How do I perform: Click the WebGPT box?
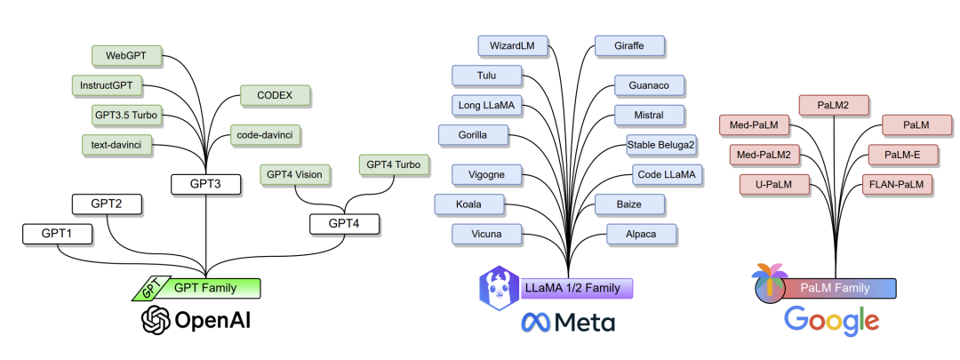pyautogui.click(x=127, y=56)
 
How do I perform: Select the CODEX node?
pyautogui.click(x=275, y=95)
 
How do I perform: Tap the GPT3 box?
pyautogui.click(x=205, y=184)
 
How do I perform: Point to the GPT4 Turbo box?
pyautogui.click(x=394, y=164)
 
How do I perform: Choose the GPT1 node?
pyautogui.click(x=58, y=234)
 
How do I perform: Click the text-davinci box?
pyautogui.click(x=117, y=145)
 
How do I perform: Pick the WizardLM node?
pyautogui.click(x=513, y=46)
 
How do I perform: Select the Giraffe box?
pyautogui.click(x=629, y=46)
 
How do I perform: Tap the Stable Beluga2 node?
pyautogui.click(x=661, y=145)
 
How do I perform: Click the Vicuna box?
pyautogui.click(x=487, y=234)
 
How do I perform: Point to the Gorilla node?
pyautogui.click(x=473, y=135)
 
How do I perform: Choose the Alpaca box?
pyautogui.click(x=641, y=234)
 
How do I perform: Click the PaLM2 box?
pyautogui.click(x=833, y=105)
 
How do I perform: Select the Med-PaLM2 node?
pyautogui.click(x=764, y=155)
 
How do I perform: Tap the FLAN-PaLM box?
pyautogui.click(x=897, y=184)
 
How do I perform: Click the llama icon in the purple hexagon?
pyautogui.click(x=500, y=288)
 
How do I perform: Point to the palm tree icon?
pyautogui.click(x=770, y=284)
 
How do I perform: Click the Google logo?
pyautogui.click(x=831, y=322)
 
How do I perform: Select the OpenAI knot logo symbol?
pyautogui.click(x=156, y=320)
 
